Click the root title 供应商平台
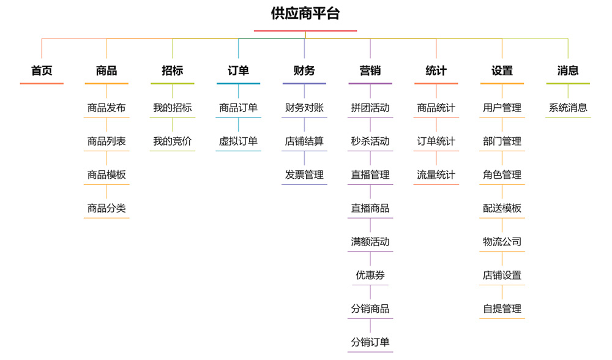[305, 13]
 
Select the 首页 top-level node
[42, 70]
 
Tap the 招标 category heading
[173, 70]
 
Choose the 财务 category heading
[304, 70]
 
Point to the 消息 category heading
[568, 70]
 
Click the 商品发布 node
[106, 108]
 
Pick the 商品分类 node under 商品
[106, 208]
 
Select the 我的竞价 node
[173, 141]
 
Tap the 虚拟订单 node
[239, 141]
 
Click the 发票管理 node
[304, 175]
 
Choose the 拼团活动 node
[370, 108]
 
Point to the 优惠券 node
[370, 276]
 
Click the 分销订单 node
[370, 342]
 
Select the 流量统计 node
[436, 175]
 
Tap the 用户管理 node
[502, 108]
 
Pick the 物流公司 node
[502, 242]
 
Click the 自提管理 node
[502, 309]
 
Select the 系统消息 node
[568, 108]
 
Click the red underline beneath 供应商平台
[305, 31]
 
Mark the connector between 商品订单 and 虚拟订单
[239, 124]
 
